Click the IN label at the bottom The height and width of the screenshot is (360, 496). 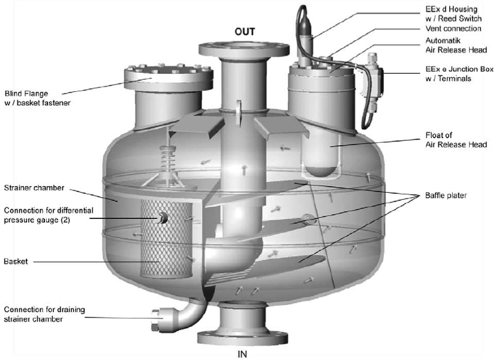[x=242, y=353]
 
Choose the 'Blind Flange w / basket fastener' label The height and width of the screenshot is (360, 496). [x=33, y=99]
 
